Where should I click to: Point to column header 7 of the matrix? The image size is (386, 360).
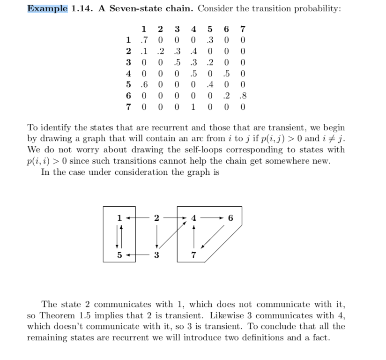coord(242,28)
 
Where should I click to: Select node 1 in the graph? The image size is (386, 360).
coord(120,217)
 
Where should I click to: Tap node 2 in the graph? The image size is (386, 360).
coord(156,217)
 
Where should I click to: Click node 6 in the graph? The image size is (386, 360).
coord(230,217)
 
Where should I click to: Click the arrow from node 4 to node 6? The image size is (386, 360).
coord(212,217)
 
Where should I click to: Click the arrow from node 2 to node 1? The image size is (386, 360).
coord(138,217)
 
